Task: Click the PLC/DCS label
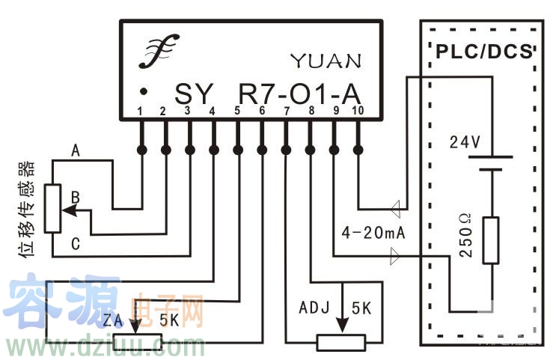483,52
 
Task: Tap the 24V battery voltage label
464,141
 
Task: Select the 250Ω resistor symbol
490,240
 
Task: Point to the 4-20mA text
373,231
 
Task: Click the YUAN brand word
326,61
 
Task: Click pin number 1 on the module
140,112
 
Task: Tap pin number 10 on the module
357,112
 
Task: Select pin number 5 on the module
237,112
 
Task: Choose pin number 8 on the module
311,112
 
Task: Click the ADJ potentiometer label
314,308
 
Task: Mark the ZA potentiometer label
113,320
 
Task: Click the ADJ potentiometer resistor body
341,343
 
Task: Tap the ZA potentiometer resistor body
137,343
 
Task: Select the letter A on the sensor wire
75,150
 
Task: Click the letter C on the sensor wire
75,243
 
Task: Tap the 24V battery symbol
490,163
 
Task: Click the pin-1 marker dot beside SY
142,92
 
